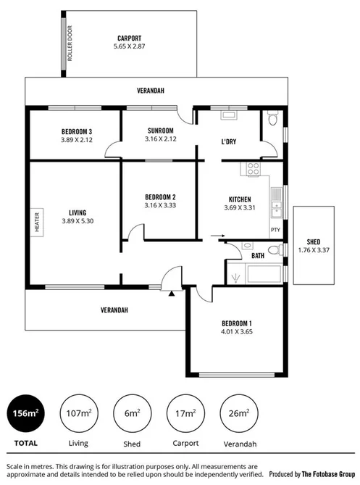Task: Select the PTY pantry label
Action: click(275, 231)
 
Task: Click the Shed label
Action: click(313, 242)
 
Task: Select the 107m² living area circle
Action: click(79, 414)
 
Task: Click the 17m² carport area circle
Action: click(185, 414)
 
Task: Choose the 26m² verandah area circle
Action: click(238, 414)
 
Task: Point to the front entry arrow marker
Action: click(171, 294)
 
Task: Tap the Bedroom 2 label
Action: click(161, 197)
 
